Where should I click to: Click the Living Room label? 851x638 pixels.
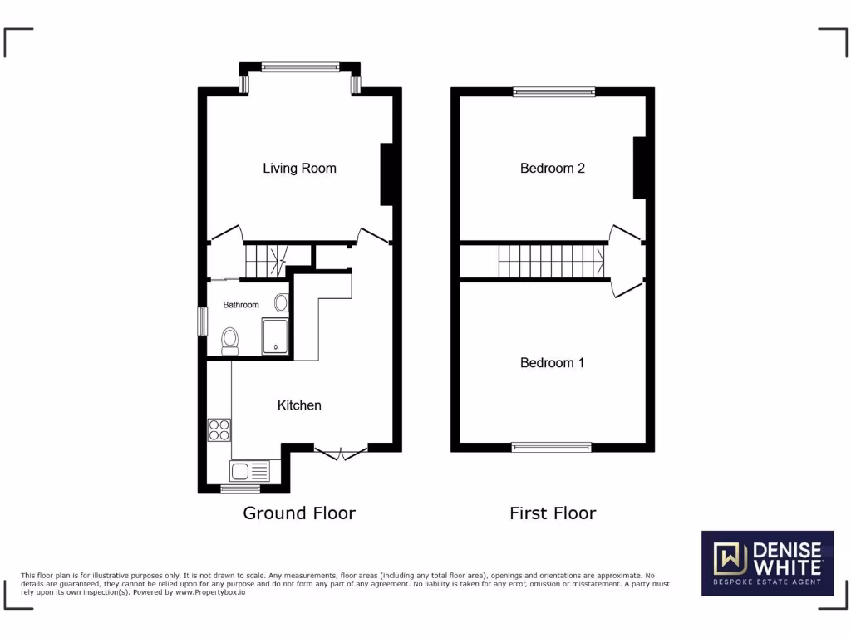pyautogui.click(x=299, y=169)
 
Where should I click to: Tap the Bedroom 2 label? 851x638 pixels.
pyautogui.click(x=553, y=169)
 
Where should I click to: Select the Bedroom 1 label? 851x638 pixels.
pyautogui.click(x=553, y=363)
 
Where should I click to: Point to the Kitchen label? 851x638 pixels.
pyautogui.click(x=299, y=405)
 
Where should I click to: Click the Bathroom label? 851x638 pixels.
pyautogui.click(x=241, y=305)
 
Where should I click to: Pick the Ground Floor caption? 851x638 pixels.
pyautogui.click(x=299, y=513)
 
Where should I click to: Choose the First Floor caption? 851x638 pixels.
pyautogui.click(x=553, y=513)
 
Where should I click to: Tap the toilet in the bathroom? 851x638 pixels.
pyautogui.click(x=230, y=340)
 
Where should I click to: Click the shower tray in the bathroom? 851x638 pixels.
pyautogui.click(x=275, y=336)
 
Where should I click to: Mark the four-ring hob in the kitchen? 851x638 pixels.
pyautogui.click(x=219, y=429)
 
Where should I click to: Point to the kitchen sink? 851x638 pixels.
pyautogui.click(x=250, y=472)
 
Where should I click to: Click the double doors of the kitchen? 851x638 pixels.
pyautogui.click(x=342, y=452)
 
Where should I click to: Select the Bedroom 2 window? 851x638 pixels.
pyautogui.click(x=553, y=92)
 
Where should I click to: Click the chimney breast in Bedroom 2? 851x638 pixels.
pyautogui.click(x=639, y=169)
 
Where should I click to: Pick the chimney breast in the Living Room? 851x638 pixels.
pyautogui.click(x=386, y=174)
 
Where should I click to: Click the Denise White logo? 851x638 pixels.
pyautogui.click(x=767, y=563)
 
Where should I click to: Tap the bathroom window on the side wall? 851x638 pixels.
pyautogui.click(x=201, y=321)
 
